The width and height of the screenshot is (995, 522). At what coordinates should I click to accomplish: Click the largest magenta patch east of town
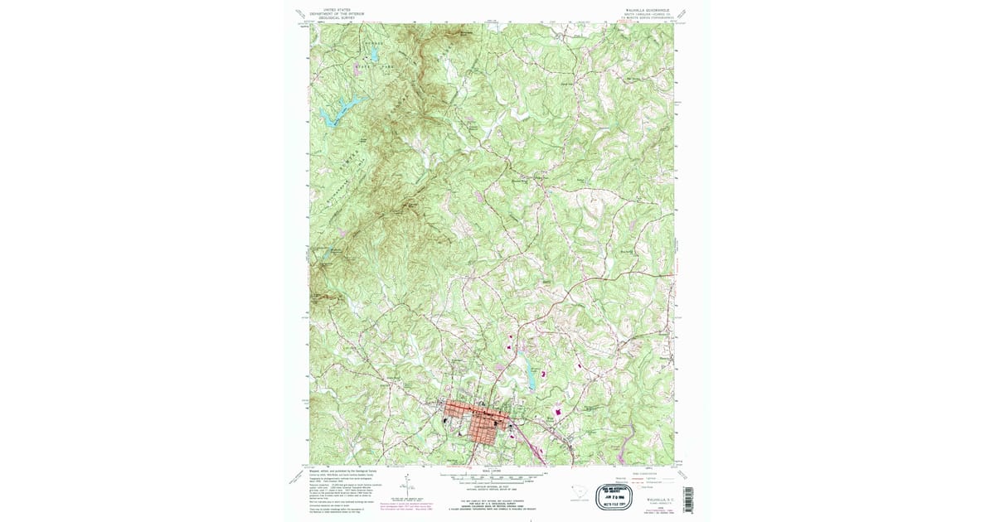pyautogui.click(x=557, y=411)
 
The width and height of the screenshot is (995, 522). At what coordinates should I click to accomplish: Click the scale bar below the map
pyautogui.click(x=496, y=476)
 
